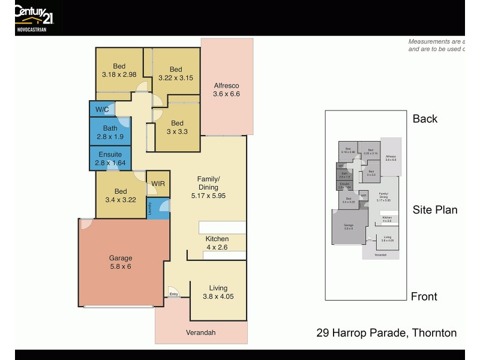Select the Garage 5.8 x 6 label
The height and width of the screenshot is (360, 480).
pos(121,262)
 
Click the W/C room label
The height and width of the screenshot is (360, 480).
pos(102,109)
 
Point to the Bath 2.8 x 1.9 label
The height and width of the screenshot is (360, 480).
pos(110,132)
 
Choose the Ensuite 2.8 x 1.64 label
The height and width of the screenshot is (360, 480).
pos(110,158)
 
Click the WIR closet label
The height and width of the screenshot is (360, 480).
pos(158,184)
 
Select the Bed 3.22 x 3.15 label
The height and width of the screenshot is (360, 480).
pos(175,73)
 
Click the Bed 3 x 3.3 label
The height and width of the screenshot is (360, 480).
pos(177,127)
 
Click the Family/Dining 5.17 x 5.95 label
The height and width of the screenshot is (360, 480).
pos(208,187)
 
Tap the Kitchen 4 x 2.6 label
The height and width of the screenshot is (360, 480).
pos(217,243)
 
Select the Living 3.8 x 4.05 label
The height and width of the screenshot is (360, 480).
pos(218,292)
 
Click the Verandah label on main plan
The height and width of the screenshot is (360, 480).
pos(201,332)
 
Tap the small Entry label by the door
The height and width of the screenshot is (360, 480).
pos(173,294)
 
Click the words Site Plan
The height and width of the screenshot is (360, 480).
pos(435,210)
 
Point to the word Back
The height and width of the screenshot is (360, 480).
pos(425,119)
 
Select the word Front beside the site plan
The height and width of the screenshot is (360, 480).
pos(424,296)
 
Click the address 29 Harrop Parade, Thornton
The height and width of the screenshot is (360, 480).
pos(386,333)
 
